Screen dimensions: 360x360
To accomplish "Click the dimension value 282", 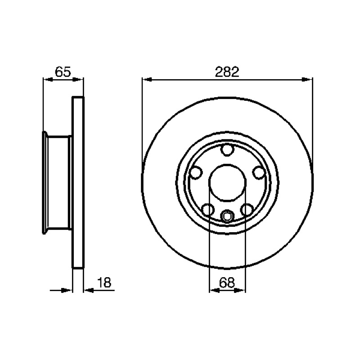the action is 227,72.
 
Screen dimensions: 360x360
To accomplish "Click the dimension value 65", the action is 63,72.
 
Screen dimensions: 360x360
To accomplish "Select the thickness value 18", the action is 104,283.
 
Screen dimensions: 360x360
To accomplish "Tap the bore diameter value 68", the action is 227,283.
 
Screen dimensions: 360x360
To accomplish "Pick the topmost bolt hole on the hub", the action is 227,150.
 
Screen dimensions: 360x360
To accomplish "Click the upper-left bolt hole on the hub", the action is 196,172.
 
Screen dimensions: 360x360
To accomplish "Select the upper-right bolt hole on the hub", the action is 259,172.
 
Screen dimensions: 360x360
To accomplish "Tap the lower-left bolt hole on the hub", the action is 208,209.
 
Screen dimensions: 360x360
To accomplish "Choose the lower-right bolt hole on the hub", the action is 247,209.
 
